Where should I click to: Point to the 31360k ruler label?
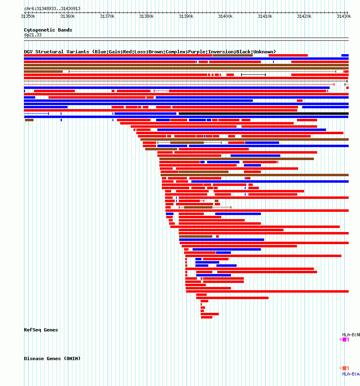[x=68, y=16]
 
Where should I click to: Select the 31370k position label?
[x=107, y=16]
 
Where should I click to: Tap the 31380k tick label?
[x=146, y=16]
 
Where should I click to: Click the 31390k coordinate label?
[x=186, y=16]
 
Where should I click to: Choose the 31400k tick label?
[x=225, y=16]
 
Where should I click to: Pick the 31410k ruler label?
[x=265, y=16]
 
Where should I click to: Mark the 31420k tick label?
[x=304, y=16]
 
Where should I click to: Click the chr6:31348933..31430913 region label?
[x=47, y=8]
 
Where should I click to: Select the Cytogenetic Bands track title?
[x=48, y=30]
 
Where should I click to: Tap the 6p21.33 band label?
[x=33, y=35]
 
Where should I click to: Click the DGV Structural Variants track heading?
[x=150, y=52]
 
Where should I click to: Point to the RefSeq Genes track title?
[x=41, y=330]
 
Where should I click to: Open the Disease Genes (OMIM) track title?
[x=52, y=359]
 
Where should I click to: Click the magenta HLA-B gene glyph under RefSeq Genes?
[x=345, y=340]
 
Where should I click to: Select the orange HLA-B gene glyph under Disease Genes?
[x=345, y=368]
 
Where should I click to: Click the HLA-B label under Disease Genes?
[x=351, y=374]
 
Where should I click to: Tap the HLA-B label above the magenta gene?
[x=351, y=335]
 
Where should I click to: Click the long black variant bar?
[x=263, y=114]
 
